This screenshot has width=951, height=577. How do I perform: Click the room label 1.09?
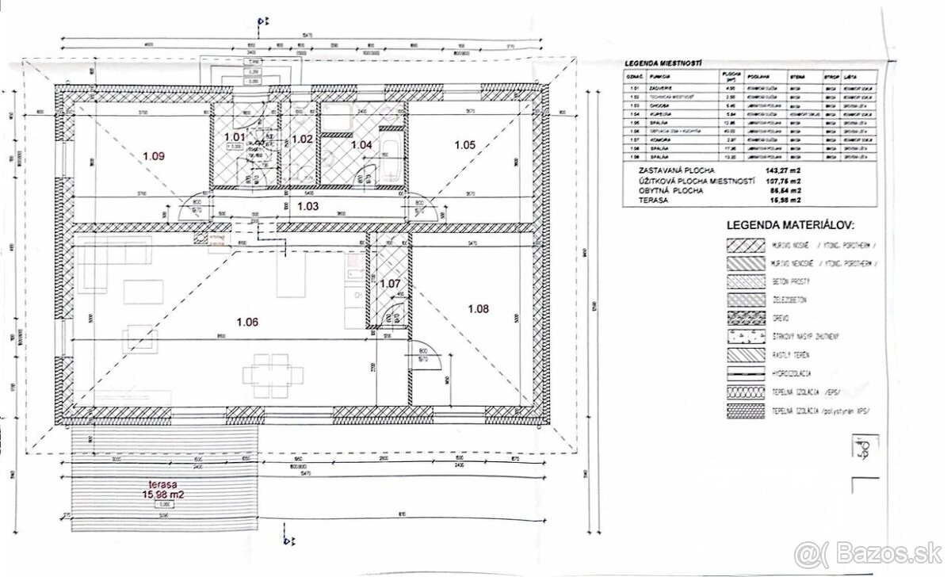point(154,156)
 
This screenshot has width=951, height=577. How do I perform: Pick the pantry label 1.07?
point(391,283)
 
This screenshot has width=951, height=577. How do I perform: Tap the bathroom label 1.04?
point(361,144)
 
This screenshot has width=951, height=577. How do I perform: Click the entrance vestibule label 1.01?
point(235,137)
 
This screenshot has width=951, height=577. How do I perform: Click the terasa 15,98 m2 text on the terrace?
point(166,492)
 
